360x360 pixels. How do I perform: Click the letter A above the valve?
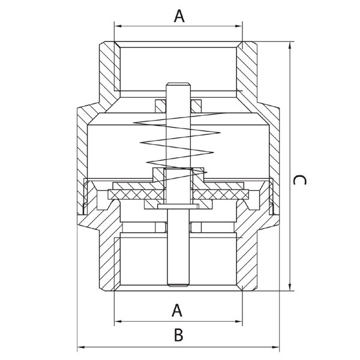(x=179, y=16)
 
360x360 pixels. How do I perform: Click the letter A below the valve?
(x=177, y=310)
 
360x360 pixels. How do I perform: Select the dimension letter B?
(x=178, y=335)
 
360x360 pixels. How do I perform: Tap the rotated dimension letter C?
(x=299, y=180)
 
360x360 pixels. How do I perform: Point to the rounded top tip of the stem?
(x=178, y=83)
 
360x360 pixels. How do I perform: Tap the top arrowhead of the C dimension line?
(x=290, y=45)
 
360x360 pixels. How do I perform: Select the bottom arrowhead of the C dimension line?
(x=290, y=287)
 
